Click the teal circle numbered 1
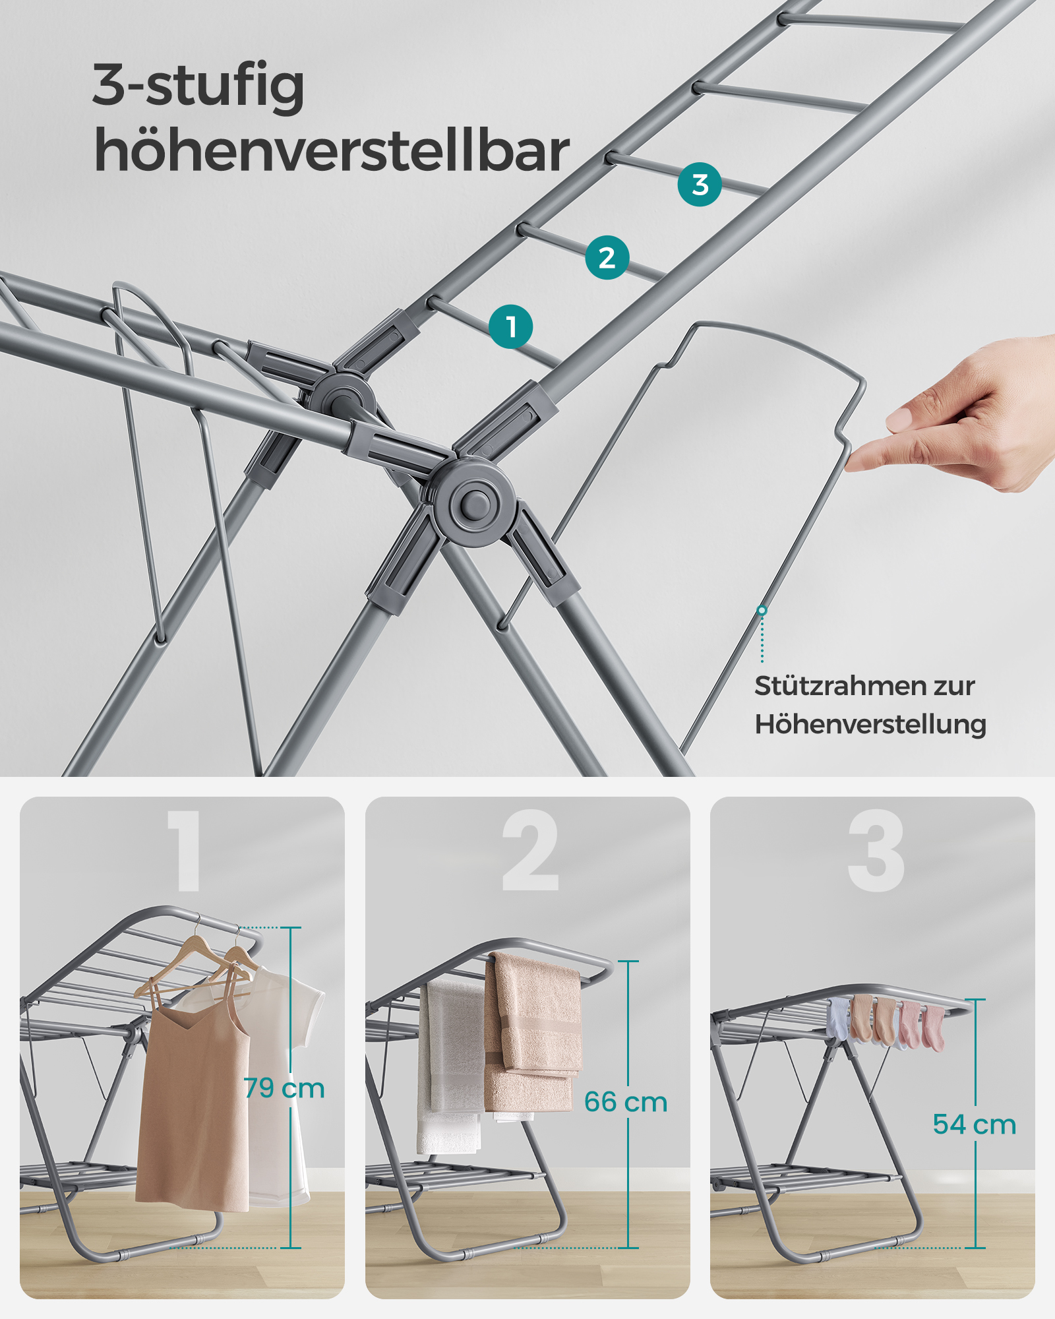coord(511,326)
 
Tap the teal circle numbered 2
coord(607,257)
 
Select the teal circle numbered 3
coord(700,185)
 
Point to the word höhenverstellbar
coord(332,151)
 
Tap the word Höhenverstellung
coord(870,724)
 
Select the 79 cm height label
coord(284,1088)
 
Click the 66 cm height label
coord(626,1101)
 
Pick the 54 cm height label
coord(975,1124)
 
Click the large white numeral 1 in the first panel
coord(183,851)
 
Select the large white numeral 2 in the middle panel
coord(530,851)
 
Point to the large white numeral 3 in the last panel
coord(876,851)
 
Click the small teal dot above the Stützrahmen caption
coord(762,611)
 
